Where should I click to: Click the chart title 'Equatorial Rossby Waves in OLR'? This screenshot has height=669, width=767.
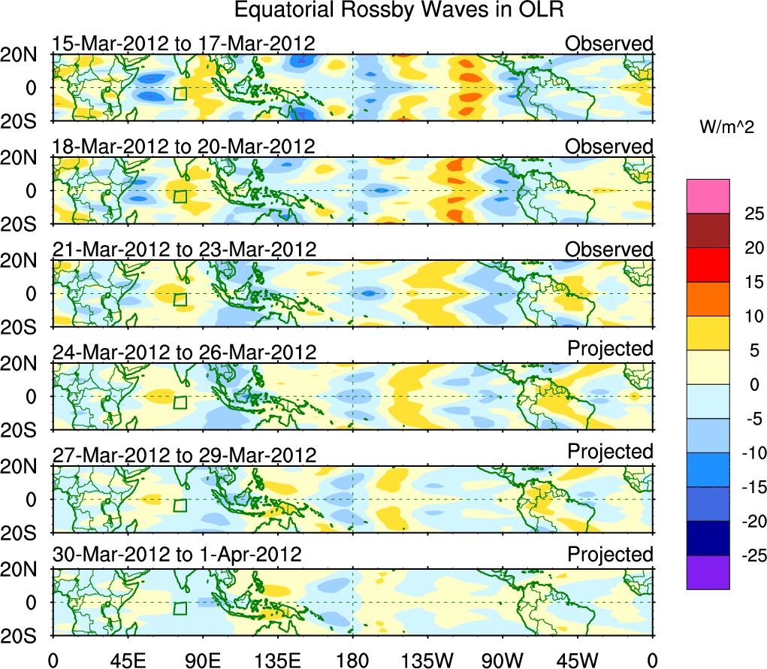[398, 11]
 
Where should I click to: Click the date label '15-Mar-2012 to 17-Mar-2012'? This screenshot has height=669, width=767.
[183, 44]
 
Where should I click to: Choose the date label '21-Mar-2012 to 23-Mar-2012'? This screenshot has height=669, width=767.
[184, 249]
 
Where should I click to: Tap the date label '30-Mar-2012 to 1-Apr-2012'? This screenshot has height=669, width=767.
[177, 555]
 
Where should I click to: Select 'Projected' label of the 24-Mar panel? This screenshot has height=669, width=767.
[610, 349]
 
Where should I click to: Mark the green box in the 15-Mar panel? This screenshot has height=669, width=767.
[180, 93]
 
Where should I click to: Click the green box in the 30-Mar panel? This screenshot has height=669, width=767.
[180, 608]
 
